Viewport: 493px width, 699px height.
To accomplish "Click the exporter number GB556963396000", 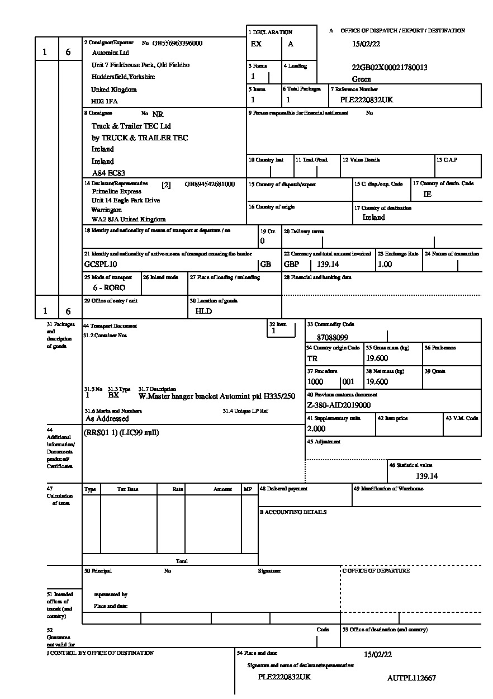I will point(178,43).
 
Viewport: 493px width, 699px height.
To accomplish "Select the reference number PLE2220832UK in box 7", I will point(367,100).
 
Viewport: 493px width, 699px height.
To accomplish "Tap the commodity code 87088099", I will point(332,338).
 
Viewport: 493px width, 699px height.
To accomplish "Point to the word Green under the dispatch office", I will point(362,79).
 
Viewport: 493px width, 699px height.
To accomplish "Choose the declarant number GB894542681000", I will point(210,184).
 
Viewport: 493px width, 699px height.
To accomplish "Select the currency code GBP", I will point(292,264).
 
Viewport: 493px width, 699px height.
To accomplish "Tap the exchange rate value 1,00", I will point(385,264).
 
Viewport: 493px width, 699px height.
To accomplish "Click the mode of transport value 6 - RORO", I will point(109,287).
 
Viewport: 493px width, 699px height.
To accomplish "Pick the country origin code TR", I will point(312,358).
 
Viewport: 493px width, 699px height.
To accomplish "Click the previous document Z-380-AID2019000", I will point(339,405).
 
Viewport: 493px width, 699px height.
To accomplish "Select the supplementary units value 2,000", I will point(316,429).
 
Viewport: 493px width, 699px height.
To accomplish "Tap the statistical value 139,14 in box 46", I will point(426,476).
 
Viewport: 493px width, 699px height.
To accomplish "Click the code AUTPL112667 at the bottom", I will point(411,678).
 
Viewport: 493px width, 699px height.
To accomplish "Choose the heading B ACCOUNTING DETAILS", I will point(293,512).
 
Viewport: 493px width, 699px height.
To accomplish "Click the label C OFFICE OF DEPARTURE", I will point(376,571).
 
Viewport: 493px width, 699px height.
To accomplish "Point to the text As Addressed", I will point(107,418).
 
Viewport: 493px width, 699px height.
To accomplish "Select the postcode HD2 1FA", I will point(105,102).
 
